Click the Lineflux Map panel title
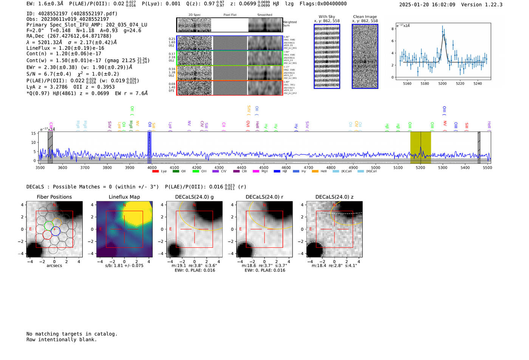pos(124,197)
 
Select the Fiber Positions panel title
pos(54,197)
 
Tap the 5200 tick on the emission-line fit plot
pos(442,83)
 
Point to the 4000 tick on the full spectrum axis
pos(152,168)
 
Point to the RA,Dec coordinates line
pos(69,36)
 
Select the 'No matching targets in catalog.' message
pos(72,334)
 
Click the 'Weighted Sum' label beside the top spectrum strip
pos(290,24)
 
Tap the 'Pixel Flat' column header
pos(230,15)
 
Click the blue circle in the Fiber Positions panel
pos(56,231)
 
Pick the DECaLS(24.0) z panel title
pos(334,197)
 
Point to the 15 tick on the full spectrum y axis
pos(34,133)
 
